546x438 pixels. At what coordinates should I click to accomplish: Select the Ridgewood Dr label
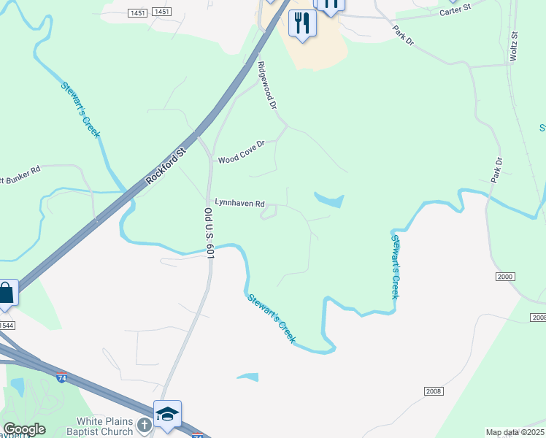tap(268, 85)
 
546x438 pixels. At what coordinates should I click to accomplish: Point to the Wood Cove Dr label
tap(241, 158)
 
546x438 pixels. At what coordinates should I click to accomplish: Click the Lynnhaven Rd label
tap(239, 204)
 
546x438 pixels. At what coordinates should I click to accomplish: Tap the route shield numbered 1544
tap(6, 325)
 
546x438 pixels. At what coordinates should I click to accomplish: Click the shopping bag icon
tap(6, 293)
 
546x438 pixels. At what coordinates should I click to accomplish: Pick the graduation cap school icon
tap(167, 415)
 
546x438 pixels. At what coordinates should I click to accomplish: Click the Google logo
tap(24, 429)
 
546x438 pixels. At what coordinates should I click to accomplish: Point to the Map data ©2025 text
tap(515, 432)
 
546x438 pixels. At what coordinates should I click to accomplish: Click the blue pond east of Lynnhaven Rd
tap(329, 199)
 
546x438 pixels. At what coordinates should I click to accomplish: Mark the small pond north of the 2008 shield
tap(247, 377)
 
